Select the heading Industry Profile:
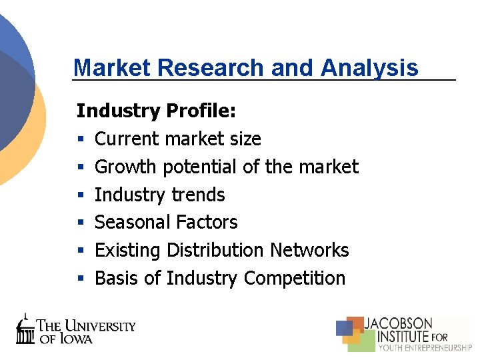tap(156, 111)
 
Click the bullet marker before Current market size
tap(80, 139)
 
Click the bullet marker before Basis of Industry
tap(80, 279)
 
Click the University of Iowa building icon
tap(25, 329)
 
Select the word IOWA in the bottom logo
tap(75, 338)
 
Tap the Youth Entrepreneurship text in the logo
tap(425, 347)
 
